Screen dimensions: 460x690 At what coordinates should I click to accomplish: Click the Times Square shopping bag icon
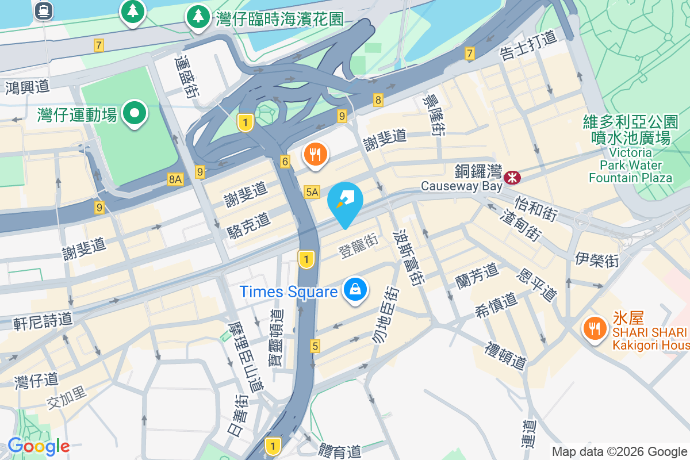(356, 290)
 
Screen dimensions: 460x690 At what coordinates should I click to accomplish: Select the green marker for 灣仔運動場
(135, 113)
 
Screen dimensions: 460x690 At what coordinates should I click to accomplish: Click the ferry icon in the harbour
(43, 10)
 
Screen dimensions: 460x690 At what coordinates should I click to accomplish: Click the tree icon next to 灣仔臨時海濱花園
(198, 17)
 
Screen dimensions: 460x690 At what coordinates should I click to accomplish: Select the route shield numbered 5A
(312, 192)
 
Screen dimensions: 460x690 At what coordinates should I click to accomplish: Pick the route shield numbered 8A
(175, 179)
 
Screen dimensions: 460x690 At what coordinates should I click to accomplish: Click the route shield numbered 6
(285, 162)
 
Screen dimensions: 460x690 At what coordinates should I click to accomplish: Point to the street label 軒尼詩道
(43, 321)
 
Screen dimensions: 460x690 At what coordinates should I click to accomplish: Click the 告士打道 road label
(528, 45)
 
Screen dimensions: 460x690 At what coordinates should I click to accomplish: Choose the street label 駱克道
(249, 225)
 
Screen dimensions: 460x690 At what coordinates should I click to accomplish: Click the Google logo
(38, 446)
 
